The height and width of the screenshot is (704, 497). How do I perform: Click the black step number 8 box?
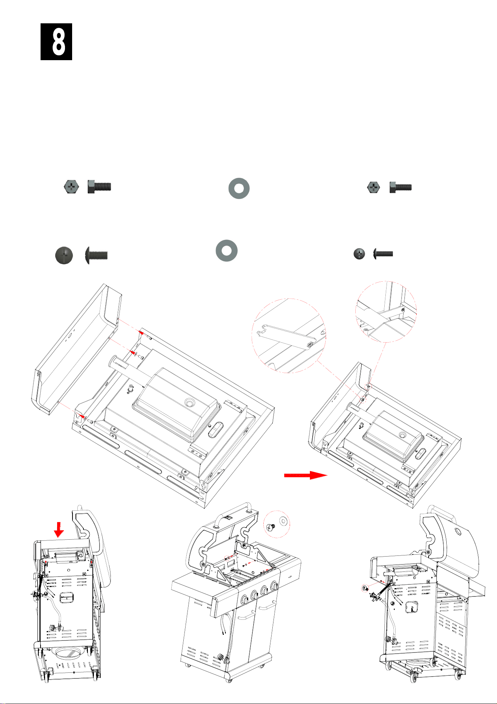pos(56,42)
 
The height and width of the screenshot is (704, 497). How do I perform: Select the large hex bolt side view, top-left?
pos(99,187)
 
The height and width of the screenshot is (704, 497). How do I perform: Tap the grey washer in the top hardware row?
pos(239,188)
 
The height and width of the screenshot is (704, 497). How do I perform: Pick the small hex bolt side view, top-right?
pos(400,187)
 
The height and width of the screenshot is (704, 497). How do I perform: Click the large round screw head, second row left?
pos(64,256)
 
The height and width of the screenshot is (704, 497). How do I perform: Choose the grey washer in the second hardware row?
pos(227,250)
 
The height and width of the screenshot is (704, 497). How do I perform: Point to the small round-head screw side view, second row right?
pos(383,254)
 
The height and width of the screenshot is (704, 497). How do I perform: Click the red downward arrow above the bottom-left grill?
pos(59,530)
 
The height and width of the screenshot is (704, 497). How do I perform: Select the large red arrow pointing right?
pos(306,475)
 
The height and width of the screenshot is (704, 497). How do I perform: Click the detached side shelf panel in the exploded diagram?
pos(75,352)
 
